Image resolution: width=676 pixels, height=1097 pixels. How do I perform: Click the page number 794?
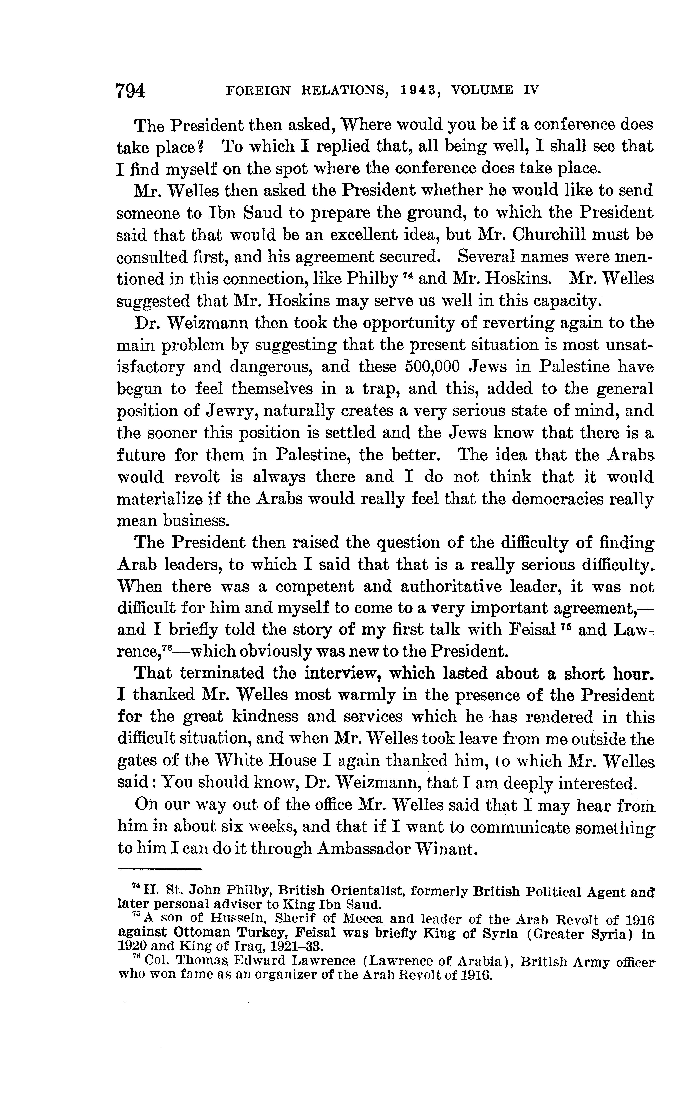pyautogui.click(x=131, y=91)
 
